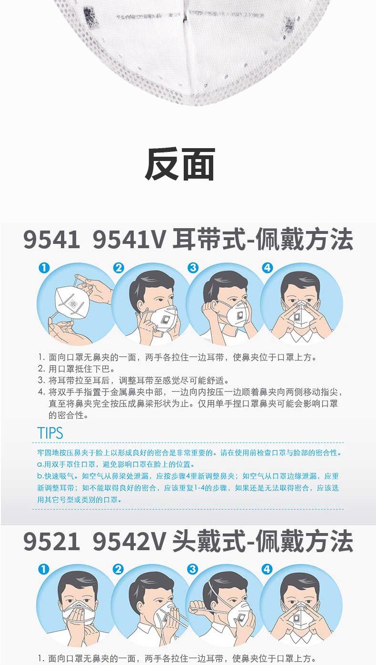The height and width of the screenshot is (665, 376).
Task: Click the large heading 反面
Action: (x=179, y=164)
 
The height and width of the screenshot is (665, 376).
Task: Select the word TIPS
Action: (x=50, y=433)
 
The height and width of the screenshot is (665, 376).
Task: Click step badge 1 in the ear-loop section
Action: (x=44, y=268)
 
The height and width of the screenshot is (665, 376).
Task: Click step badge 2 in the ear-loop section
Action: (x=119, y=268)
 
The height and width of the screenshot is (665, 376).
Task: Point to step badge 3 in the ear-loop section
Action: (x=193, y=268)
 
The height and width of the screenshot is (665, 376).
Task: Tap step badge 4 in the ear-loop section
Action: (x=267, y=268)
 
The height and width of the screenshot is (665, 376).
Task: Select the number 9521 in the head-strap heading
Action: (x=52, y=542)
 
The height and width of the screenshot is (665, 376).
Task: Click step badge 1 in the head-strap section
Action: (x=44, y=569)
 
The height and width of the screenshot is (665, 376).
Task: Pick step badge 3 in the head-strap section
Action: (x=193, y=569)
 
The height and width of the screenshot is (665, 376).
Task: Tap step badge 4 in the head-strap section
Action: (x=267, y=569)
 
